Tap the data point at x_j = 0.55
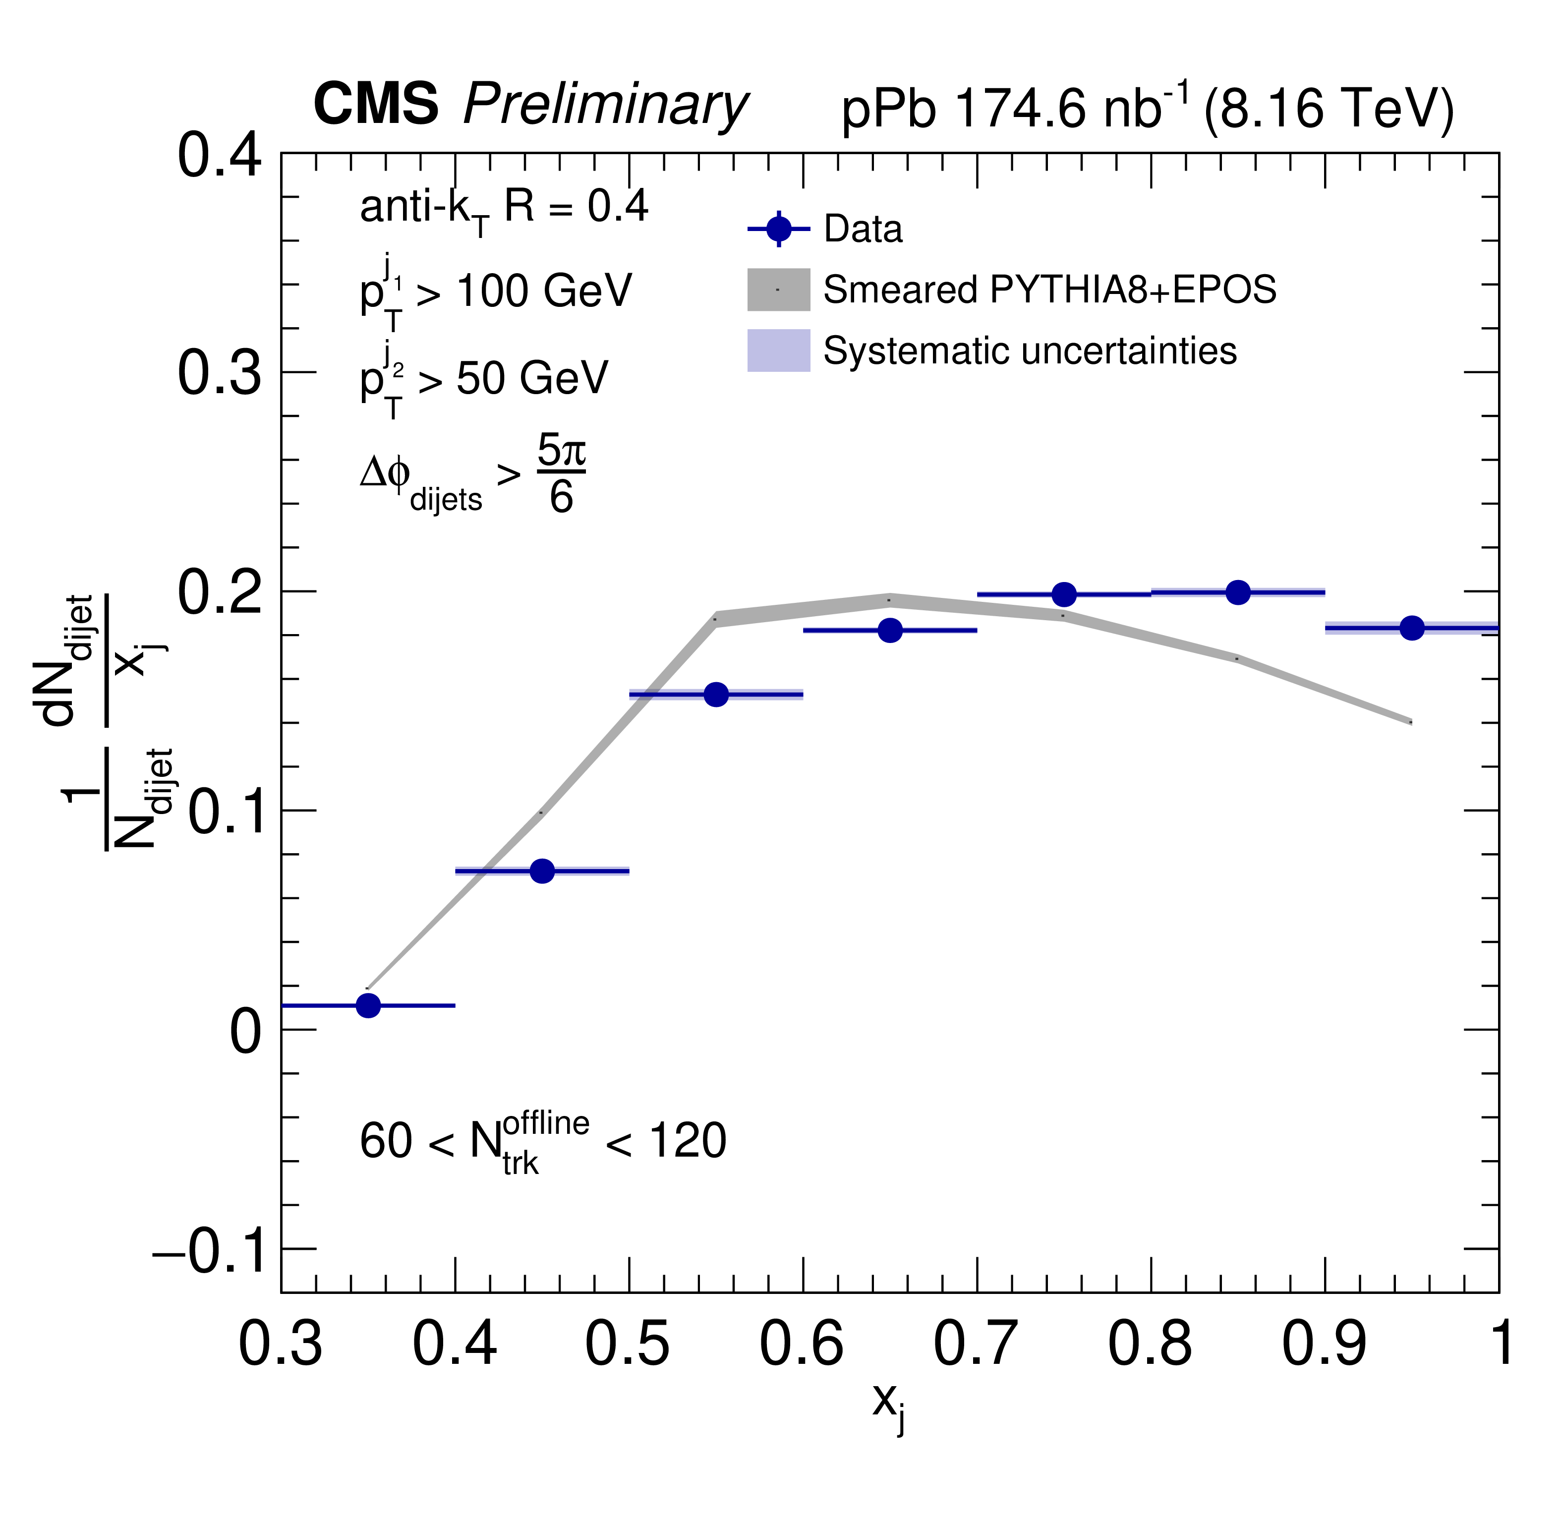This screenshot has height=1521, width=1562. [x=716, y=694]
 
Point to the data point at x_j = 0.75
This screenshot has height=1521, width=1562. [x=1064, y=594]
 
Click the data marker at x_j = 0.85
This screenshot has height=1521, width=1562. [x=1238, y=593]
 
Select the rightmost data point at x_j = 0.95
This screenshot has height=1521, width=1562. [x=1412, y=628]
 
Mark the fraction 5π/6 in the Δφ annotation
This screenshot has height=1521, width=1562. [x=561, y=474]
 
